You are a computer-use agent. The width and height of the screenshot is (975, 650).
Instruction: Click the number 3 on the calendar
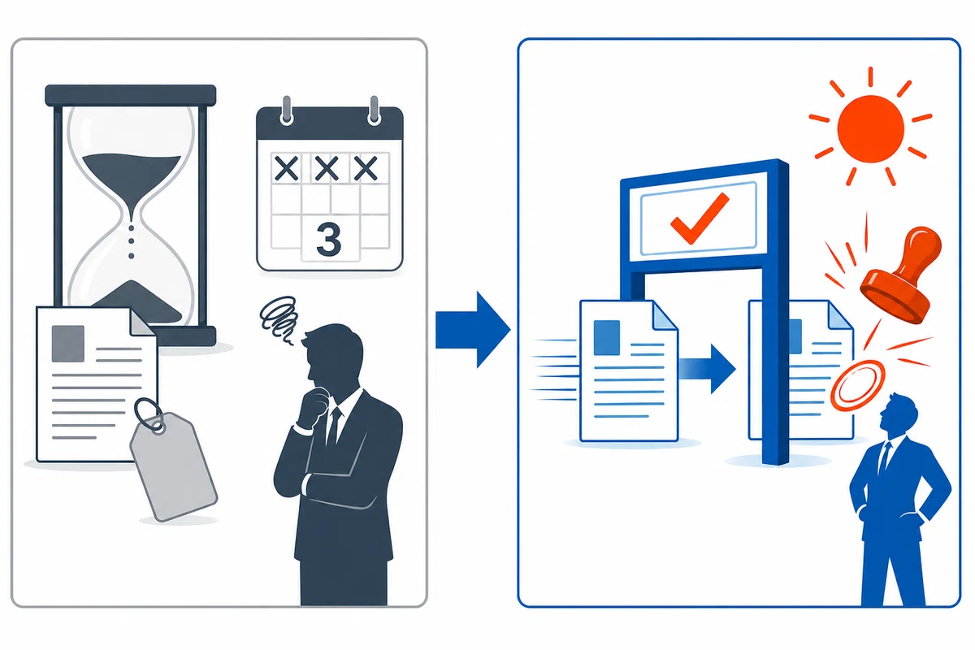pyautogui.click(x=328, y=240)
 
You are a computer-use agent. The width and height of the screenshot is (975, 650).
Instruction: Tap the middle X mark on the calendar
pyautogui.click(x=327, y=168)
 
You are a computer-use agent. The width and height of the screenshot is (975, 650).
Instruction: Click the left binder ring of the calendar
pyautogui.click(x=286, y=110)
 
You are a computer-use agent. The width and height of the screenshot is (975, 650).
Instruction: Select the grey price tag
pyautogui.click(x=173, y=466)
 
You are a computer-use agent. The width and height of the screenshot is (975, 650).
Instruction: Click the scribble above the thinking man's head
pyautogui.click(x=280, y=318)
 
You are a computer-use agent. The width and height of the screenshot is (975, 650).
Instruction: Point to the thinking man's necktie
pyautogui.click(x=334, y=426)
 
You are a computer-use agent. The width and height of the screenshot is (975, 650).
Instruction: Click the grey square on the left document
pyautogui.click(x=68, y=344)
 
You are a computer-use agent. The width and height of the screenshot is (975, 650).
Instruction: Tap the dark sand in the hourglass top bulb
pyautogui.click(x=131, y=178)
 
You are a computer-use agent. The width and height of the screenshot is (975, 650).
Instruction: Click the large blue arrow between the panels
pyautogui.click(x=473, y=330)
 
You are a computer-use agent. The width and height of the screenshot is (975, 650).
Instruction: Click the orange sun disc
pyautogui.click(x=870, y=129)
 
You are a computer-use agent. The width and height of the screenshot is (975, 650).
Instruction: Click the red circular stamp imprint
pyautogui.click(x=857, y=385)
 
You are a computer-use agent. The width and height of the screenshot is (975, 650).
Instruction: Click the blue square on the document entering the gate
pyautogui.click(x=607, y=338)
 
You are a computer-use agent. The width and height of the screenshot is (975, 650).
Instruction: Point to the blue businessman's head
pyautogui.click(x=899, y=412)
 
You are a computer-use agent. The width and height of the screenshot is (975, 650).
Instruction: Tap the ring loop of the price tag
pyautogui.click(x=149, y=414)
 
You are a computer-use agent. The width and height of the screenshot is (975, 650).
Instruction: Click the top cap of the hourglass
pyautogui.click(x=131, y=95)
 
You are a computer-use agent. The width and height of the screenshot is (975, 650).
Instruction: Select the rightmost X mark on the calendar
pyautogui.click(x=366, y=168)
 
